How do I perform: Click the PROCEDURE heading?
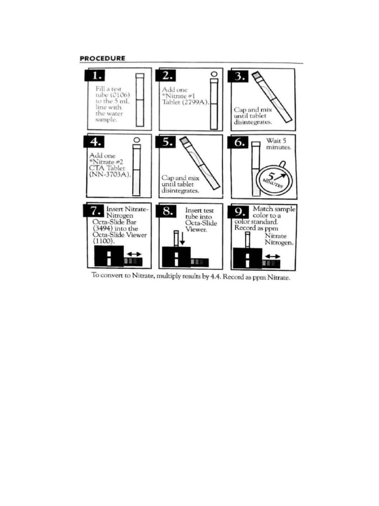(x=102, y=58)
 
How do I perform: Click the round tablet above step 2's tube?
(x=214, y=75)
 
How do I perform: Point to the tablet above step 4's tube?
(x=137, y=140)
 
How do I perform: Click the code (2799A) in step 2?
(x=197, y=103)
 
